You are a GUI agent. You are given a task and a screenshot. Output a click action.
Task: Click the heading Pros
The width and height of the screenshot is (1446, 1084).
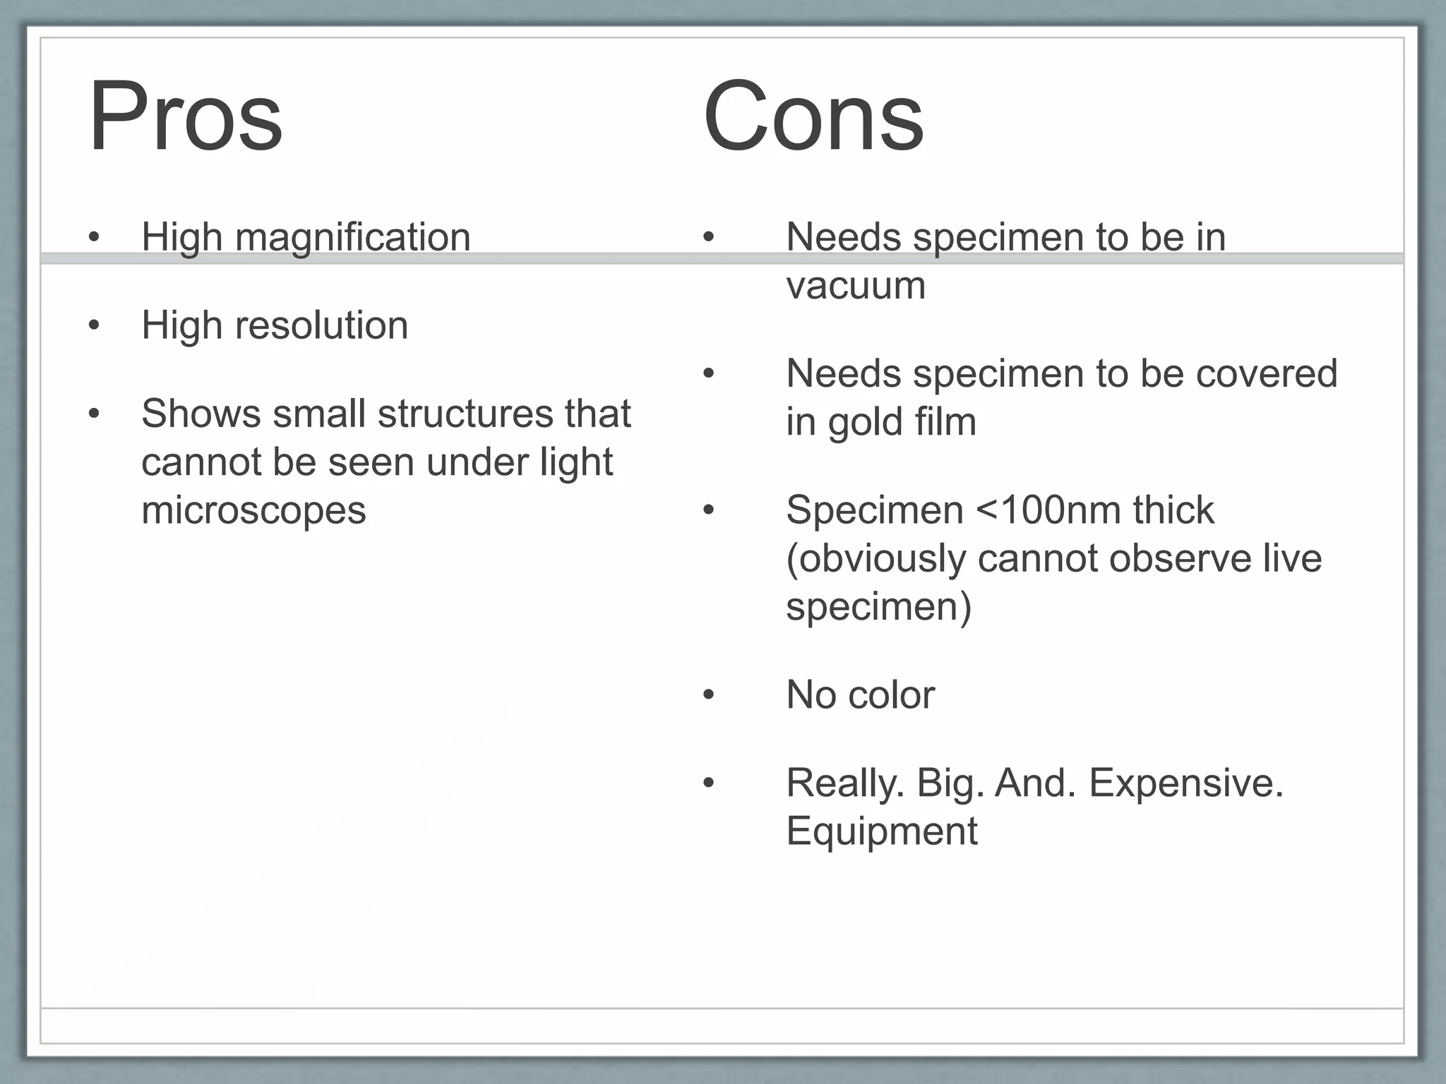click(x=185, y=116)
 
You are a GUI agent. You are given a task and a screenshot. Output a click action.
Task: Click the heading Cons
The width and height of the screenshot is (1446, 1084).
click(x=813, y=116)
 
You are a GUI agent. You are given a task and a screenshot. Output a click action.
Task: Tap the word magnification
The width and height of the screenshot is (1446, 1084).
click(x=352, y=237)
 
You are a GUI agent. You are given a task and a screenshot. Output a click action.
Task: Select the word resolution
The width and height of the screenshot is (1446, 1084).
click(x=321, y=325)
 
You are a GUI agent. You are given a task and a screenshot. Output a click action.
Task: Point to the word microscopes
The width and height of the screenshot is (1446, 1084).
click(x=253, y=510)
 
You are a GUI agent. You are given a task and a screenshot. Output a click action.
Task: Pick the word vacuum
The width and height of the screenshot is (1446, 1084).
click(x=855, y=286)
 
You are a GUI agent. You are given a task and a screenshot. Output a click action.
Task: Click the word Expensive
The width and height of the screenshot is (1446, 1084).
click(x=1185, y=783)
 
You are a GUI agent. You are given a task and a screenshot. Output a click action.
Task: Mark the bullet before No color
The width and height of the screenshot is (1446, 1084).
click(x=709, y=695)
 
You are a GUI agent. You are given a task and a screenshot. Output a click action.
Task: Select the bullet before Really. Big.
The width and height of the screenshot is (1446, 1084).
click(x=709, y=783)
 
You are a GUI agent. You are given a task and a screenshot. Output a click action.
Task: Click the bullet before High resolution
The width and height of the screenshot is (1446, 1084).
click(x=94, y=325)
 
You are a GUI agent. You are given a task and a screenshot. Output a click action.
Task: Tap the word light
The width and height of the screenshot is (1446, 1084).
click(x=576, y=463)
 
